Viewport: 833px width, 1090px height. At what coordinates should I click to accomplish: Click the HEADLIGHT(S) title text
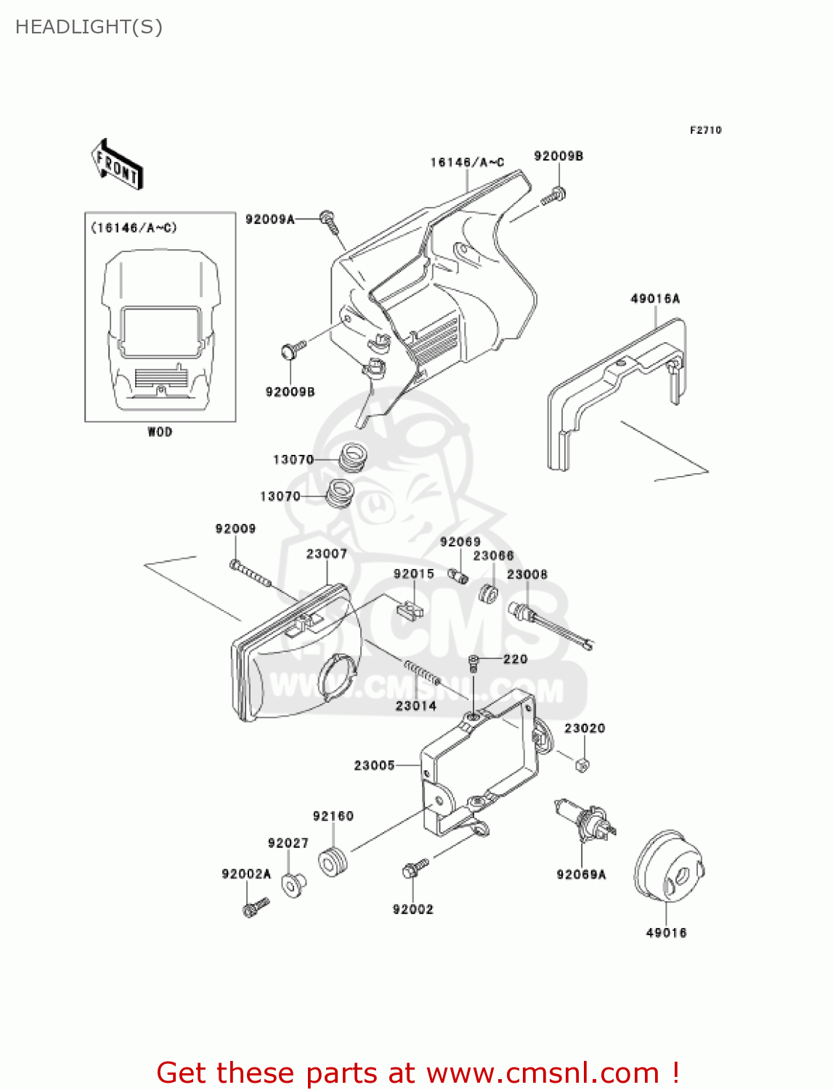[x=89, y=27]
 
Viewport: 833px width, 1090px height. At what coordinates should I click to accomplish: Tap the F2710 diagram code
[x=705, y=130]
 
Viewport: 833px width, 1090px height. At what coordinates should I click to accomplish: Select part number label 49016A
[x=655, y=299]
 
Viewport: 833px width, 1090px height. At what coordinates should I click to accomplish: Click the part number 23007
[x=326, y=554]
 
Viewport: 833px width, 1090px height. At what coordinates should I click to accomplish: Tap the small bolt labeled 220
[x=474, y=661]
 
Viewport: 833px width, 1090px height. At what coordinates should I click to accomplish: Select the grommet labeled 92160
[x=333, y=861]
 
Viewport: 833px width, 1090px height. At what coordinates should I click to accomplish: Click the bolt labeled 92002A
[x=255, y=907]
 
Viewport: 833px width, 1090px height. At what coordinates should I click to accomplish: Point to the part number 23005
[x=374, y=765]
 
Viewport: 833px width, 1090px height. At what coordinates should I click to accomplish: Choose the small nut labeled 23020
[x=582, y=764]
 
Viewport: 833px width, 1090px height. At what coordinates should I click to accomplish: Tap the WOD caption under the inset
[x=160, y=432]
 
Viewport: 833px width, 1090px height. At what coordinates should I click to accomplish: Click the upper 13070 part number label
[x=293, y=459]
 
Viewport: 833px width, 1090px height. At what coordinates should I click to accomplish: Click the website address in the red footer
[x=542, y=1073]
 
